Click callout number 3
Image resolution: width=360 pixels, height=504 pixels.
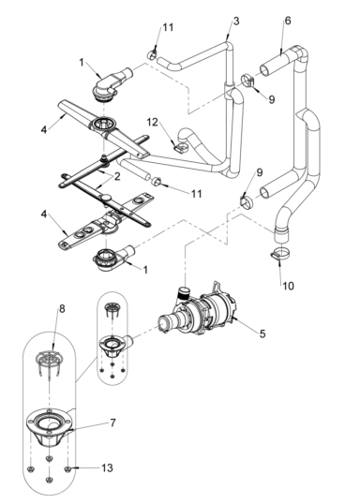click(235, 21)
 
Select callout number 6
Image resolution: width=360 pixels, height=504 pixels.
click(287, 21)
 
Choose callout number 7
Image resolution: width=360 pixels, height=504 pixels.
click(112, 422)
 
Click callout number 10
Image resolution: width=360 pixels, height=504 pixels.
click(286, 282)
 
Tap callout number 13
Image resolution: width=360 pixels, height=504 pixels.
click(113, 467)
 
